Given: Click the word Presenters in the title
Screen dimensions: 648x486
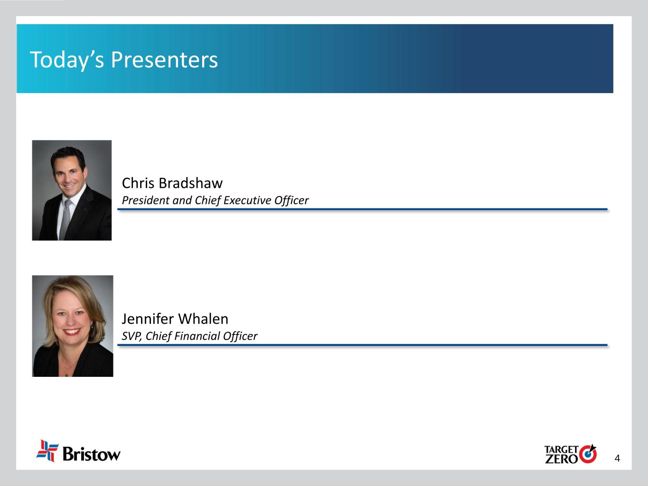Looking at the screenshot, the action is click(x=164, y=60).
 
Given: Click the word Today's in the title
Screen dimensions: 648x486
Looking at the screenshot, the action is click(x=67, y=60).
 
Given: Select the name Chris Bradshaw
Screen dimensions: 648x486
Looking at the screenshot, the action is click(x=172, y=183).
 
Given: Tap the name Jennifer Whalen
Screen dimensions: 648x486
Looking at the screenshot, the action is click(x=175, y=319).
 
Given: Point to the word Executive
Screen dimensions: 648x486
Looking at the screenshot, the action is click(x=247, y=200).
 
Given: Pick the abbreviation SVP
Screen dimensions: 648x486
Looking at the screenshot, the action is click(x=131, y=336).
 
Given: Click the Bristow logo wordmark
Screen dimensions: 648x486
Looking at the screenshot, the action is click(x=92, y=454).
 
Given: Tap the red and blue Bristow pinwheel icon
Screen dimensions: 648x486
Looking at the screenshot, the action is click(x=47, y=451).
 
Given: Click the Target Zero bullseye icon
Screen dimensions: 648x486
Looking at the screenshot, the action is click(x=588, y=454).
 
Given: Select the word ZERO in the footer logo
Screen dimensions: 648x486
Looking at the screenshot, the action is click(x=561, y=459).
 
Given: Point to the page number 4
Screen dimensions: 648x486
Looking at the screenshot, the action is click(x=617, y=458).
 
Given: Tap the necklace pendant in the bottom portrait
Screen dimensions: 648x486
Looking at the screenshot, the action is click(x=67, y=375).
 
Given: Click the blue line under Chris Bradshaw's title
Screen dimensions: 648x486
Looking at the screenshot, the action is click(x=362, y=209).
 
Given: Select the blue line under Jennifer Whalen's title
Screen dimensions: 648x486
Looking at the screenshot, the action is click(x=362, y=345).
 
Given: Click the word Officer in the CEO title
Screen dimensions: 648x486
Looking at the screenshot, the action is click(x=291, y=200).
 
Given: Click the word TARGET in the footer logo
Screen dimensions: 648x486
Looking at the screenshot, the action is click(x=561, y=449).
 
